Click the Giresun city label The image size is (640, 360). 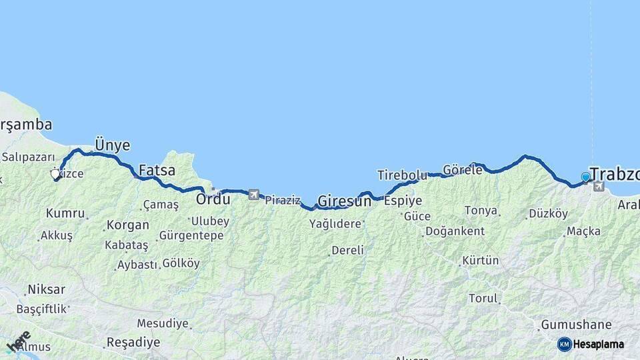(344, 200)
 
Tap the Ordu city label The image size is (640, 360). (213, 198)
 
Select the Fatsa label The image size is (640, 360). (157, 170)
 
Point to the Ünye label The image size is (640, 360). (112, 145)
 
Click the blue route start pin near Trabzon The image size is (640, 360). (585, 177)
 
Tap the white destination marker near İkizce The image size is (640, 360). (55, 175)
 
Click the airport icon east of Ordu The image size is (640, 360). (253, 195)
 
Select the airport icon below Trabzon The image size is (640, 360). (598, 187)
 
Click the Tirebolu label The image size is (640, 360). (401, 175)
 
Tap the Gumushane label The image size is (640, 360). (576, 325)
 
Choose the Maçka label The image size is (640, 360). (583, 231)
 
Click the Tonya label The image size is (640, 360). (481, 211)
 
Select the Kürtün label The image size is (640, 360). (480, 260)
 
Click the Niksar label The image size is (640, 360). (46, 290)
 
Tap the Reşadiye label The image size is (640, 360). (133, 343)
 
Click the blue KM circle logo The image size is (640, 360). (564, 344)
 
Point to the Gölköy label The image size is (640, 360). (181, 263)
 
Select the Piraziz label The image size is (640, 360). (282, 200)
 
